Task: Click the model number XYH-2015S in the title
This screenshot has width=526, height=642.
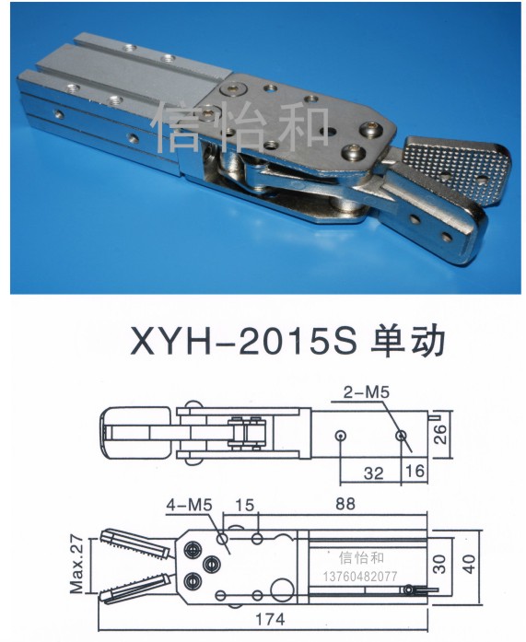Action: pos(243,341)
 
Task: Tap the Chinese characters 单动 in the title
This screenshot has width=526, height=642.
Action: pos(407,342)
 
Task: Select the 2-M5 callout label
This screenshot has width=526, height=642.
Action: pos(366,392)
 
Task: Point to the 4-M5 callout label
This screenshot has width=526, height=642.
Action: pos(189,506)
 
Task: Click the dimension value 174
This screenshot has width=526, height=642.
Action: pos(270,619)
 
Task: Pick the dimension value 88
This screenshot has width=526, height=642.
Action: pos(345,504)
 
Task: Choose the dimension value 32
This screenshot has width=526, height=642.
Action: pos(374,473)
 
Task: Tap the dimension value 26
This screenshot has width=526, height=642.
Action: pos(439,434)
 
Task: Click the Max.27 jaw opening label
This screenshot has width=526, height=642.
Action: pos(77,565)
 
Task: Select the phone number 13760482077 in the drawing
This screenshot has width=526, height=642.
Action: pos(360,577)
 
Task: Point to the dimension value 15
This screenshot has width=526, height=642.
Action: pos(245,505)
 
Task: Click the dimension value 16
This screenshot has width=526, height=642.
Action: pos(415,471)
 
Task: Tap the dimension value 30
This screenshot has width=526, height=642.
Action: pos(438,564)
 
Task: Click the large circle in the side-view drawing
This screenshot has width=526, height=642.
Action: pos(283,589)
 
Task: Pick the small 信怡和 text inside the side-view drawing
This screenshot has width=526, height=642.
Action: pos(361,557)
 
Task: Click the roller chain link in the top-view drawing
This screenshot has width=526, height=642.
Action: pos(246,432)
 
